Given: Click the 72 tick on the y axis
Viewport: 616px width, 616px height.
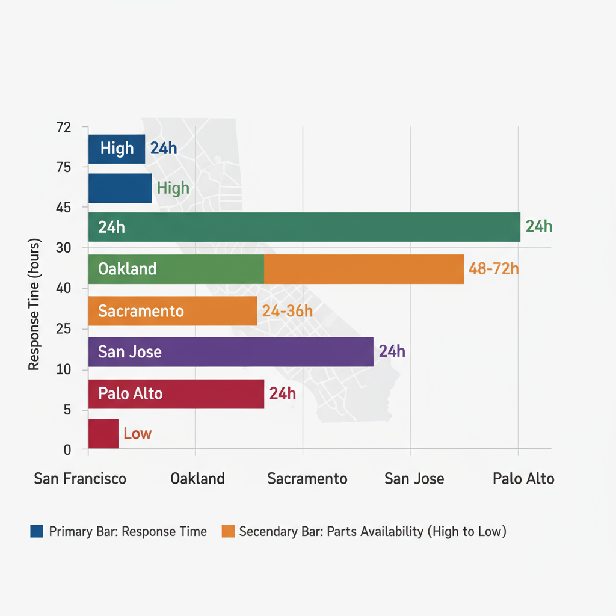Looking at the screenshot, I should click(64, 128).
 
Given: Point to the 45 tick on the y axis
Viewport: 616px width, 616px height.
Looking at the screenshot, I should click(64, 208).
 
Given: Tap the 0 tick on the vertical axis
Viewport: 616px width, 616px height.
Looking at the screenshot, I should click(67, 450).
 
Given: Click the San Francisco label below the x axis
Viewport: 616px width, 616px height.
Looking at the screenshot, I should click(80, 479).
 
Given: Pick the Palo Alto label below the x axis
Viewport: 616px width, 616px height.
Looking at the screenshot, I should click(523, 479).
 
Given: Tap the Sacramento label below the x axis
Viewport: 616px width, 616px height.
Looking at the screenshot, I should click(307, 479).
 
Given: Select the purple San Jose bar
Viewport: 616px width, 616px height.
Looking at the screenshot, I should click(231, 352).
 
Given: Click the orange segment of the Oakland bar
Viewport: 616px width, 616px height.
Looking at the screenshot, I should click(364, 269).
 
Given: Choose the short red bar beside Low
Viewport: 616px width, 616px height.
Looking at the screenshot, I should click(103, 434).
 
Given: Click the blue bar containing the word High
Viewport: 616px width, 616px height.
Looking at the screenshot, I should click(117, 149).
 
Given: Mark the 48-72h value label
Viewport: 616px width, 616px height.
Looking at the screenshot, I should click(493, 269).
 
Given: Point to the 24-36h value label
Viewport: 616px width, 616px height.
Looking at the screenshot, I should click(288, 311).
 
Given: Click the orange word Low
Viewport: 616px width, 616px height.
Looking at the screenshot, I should click(137, 434).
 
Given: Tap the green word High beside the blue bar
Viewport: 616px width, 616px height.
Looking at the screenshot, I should click(173, 188).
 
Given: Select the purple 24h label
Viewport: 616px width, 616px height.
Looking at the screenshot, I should click(392, 352).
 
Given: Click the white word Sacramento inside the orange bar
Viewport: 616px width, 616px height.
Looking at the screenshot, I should click(141, 311).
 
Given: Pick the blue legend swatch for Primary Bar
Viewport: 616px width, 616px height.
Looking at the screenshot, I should click(37, 531).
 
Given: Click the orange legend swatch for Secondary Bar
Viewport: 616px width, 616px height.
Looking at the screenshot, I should click(227, 531).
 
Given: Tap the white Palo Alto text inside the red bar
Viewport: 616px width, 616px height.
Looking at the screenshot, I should click(131, 394).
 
